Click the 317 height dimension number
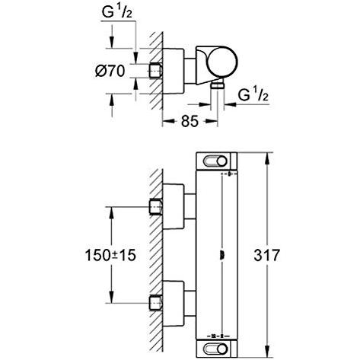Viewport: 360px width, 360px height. pos(266,255)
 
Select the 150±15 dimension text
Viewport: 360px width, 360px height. pos(110,255)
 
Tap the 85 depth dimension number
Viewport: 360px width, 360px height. pos(190,121)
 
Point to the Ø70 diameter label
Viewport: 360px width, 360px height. pos(110,71)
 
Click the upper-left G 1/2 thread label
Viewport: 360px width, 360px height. pos(117,11)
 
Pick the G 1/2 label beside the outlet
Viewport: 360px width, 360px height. pos(253,95)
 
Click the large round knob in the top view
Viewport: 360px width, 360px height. pos(222,62)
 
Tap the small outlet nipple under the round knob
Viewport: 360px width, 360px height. pos(218,85)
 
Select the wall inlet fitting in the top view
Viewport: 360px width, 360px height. pos(155,70)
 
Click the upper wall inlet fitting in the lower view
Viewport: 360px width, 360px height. pos(155,207)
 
